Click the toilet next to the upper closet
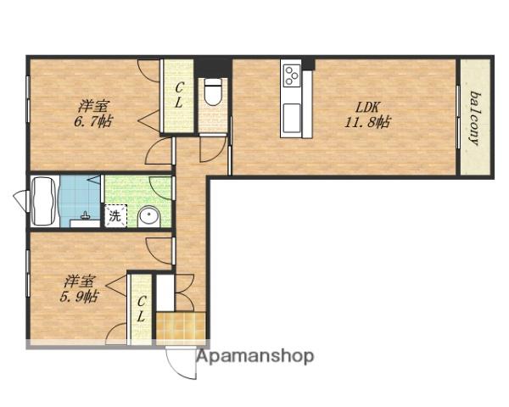click(x=212, y=92)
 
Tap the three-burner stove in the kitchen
click(x=291, y=75)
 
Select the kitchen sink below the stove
click(x=292, y=118)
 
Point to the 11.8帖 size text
click(x=367, y=123)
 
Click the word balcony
click(x=475, y=119)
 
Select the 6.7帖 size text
click(x=93, y=122)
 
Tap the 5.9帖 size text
click(x=79, y=297)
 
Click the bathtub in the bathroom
click(x=45, y=201)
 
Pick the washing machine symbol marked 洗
click(x=115, y=216)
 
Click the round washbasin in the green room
click(x=149, y=217)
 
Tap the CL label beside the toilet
click(x=179, y=95)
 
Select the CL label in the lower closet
click(x=141, y=309)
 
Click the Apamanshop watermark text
click(x=255, y=357)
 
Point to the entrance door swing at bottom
click(x=182, y=363)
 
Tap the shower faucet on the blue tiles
click(x=86, y=216)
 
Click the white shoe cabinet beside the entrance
click(x=165, y=293)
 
